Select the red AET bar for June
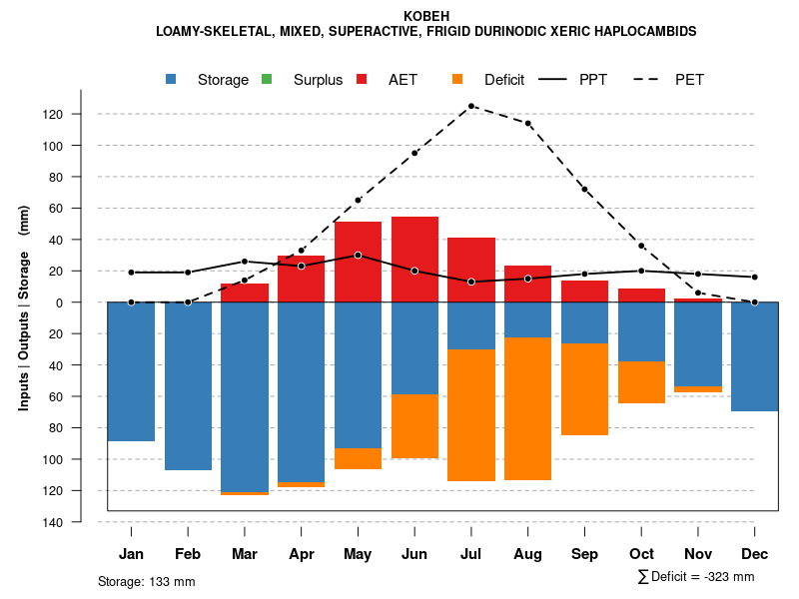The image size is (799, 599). (414, 260)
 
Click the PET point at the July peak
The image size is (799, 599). (471, 106)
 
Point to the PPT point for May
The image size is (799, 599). (358, 255)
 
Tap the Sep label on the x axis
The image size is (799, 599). (585, 554)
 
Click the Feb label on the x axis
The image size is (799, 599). (188, 554)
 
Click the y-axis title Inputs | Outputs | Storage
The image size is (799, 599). (24, 306)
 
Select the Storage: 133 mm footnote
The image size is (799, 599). (146, 581)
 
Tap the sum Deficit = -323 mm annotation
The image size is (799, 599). (695, 577)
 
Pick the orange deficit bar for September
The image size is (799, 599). (585, 389)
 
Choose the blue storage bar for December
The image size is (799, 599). (755, 356)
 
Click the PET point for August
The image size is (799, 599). (528, 124)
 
